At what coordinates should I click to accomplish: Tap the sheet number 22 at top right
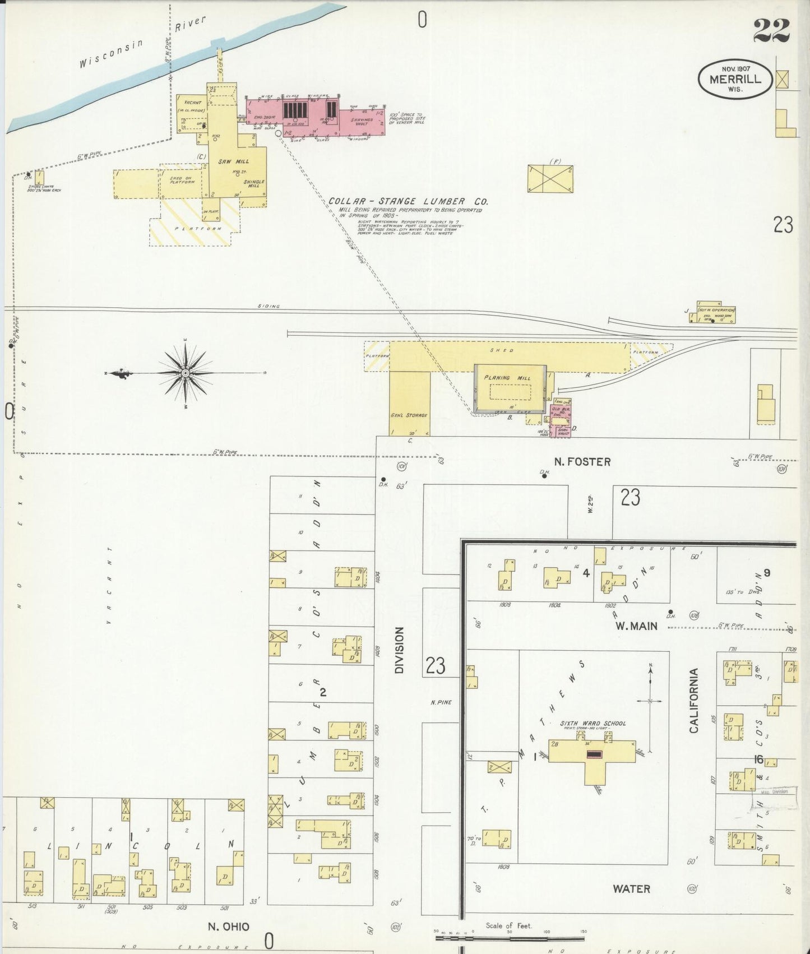(771, 30)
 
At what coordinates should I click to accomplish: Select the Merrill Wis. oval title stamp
(735, 80)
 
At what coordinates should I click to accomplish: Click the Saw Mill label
(233, 161)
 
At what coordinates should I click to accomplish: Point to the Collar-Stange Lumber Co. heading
(408, 201)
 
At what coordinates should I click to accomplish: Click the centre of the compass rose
(186, 373)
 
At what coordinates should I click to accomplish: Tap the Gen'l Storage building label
(409, 415)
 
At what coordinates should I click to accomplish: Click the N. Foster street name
(582, 462)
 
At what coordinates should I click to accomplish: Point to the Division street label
(399, 650)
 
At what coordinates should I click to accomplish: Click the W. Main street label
(636, 626)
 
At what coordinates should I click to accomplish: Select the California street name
(694, 701)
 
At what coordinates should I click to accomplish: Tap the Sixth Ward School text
(593, 723)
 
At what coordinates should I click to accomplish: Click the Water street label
(631, 888)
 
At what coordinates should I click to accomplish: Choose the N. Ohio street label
(229, 927)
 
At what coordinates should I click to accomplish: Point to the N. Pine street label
(441, 702)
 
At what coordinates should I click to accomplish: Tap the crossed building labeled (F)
(550, 179)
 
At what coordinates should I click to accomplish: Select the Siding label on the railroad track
(269, 306)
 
